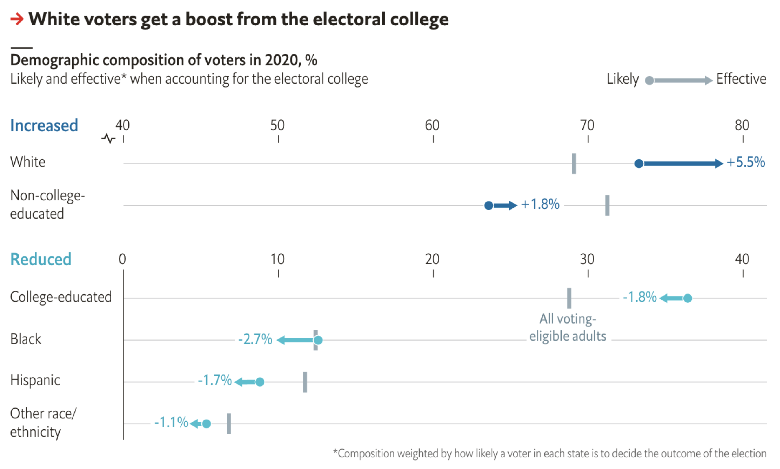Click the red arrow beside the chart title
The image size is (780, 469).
point(17,19)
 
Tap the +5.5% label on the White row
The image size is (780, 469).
point(745,162)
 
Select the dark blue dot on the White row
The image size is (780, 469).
point(639,163)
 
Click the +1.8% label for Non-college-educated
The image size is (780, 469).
point(540,204)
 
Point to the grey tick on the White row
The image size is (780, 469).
point(573,163)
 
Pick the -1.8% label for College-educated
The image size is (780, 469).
point(639,297)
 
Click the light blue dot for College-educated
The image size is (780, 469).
point(687,298)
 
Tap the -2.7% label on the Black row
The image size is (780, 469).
point(255,339)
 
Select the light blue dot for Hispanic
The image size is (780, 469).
point(260,382)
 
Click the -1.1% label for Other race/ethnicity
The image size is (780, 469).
point(171,422)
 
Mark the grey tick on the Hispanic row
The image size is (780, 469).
point(305,382)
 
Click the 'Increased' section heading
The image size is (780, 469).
point(44,125)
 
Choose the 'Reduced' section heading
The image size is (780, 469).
point(41,259)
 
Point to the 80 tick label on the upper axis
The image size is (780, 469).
point(742,125)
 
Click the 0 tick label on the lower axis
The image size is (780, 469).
point(122,259)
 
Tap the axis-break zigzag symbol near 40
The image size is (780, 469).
point(108,139)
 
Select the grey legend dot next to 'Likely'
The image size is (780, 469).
point(649,80)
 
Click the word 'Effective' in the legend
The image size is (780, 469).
point(741,79)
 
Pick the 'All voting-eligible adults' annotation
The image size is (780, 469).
point(568,327)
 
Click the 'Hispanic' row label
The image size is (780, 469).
point(35,380)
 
